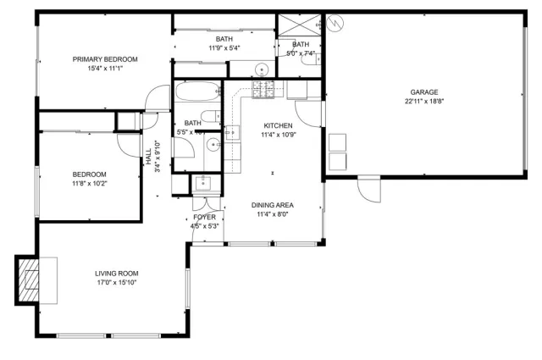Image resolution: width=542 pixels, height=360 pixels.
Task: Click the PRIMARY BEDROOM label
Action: point(104,59)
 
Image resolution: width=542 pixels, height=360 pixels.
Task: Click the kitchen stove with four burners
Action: point(265,87)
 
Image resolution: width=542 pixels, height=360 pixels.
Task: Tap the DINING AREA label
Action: point(273,205)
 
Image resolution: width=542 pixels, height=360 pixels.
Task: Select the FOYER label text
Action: point(205,218)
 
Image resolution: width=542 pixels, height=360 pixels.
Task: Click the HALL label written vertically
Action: point(148,157)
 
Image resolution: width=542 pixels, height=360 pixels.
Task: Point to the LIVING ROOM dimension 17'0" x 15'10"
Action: point(116,282)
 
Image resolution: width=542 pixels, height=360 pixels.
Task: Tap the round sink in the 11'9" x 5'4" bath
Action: point(263,69)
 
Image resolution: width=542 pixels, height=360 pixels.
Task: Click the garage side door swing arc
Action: point(368,189)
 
